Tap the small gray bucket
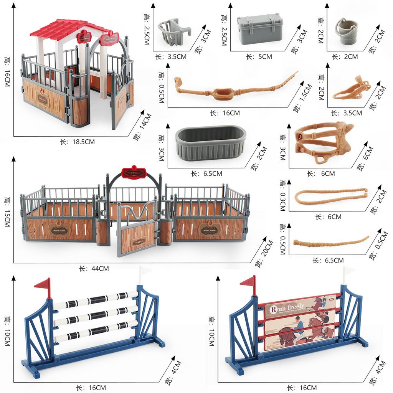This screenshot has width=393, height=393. pos(346,30)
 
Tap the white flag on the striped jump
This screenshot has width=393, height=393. pos(144,271)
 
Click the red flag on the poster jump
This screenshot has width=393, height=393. pos(249,282)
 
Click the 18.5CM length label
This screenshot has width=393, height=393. pos(77,142)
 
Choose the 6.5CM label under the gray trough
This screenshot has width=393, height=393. pos(206,173)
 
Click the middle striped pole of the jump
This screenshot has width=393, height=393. pos(95,315)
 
